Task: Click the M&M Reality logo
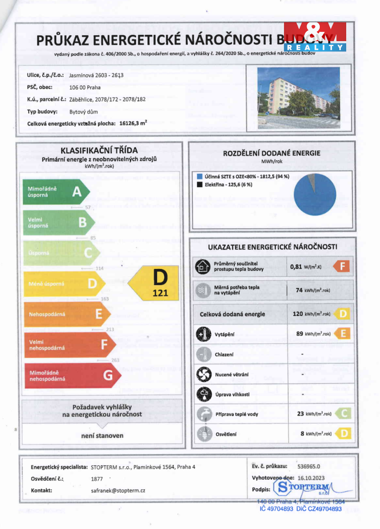click(315, 36)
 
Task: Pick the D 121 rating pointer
click(154, 283)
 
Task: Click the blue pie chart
click(314, 194)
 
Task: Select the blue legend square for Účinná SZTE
click(200, 176)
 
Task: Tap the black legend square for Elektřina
click(200, 185)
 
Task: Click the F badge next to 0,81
click(342, 267)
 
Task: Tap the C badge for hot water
click(344, 414)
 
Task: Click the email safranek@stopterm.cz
click(118, 490)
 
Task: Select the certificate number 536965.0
click(309, 466)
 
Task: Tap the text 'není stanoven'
click(102, 435)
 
